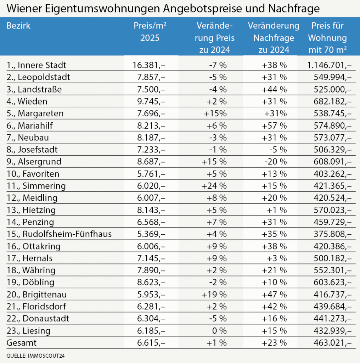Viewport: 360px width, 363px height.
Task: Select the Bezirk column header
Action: (18, 26)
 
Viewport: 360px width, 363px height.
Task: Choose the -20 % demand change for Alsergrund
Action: (275, 162)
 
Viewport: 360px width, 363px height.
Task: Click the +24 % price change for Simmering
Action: (214, 186)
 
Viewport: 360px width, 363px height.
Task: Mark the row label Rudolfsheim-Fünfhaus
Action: (59, 234)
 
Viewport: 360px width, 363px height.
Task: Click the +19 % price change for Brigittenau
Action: (214, 294)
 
